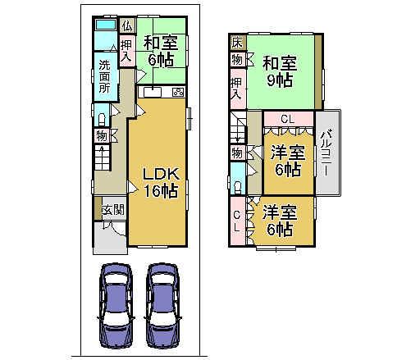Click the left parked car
118,305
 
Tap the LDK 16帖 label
160,182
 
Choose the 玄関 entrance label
112,210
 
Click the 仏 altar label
126,25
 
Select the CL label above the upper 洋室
286,119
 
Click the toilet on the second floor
236,179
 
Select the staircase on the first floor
104,157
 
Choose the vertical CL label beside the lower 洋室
238,221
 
